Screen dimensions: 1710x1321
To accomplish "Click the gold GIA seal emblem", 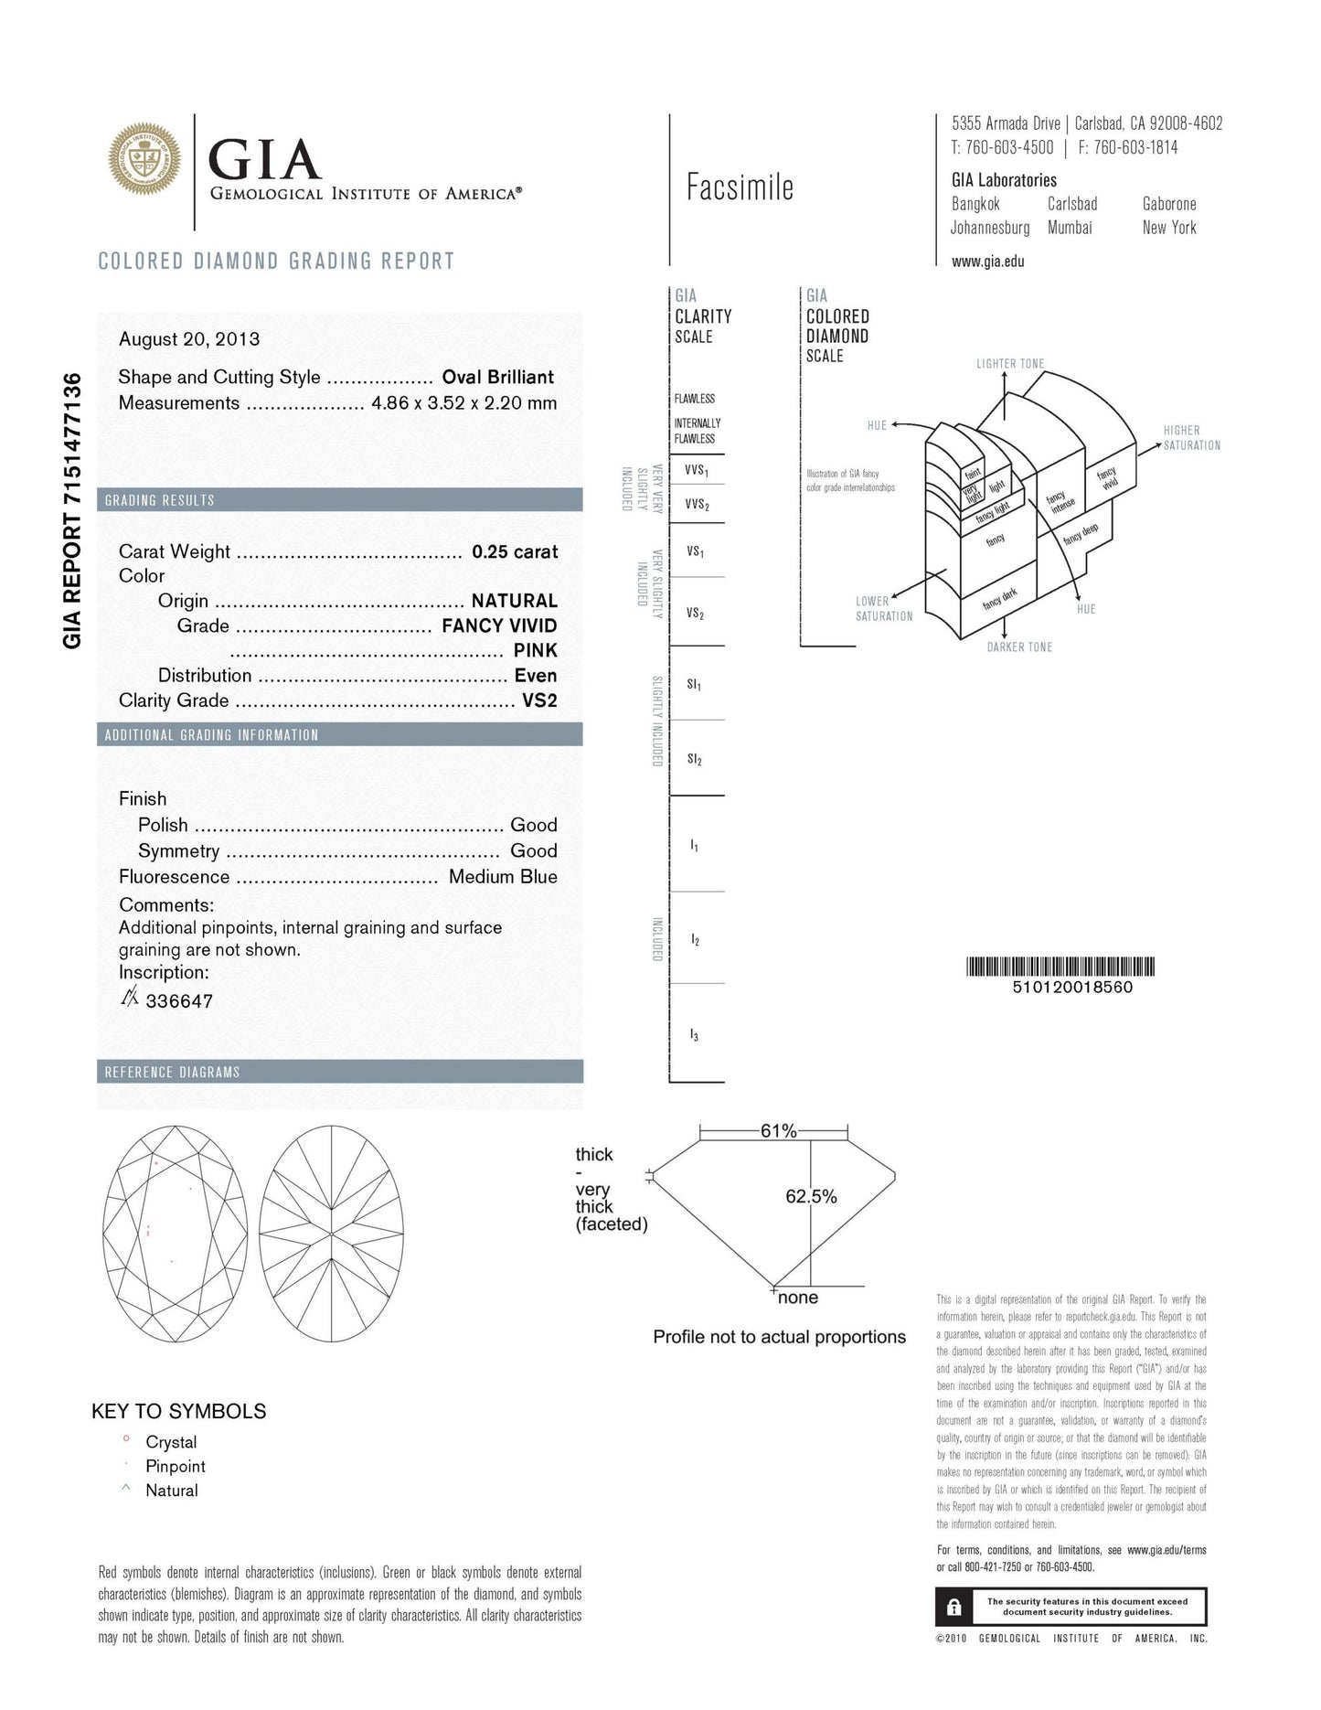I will [144, 160].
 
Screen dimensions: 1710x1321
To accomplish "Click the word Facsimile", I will [740, 188].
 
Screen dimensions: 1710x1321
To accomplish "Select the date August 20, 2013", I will [189, 339].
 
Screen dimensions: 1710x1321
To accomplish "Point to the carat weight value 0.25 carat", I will [515, 551].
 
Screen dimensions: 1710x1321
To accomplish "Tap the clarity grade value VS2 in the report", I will [539, 700].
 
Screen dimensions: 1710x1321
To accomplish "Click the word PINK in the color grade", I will [535, 650].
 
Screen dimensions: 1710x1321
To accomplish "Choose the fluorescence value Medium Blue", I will [503, 876].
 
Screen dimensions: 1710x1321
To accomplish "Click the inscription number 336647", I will [179, 1001].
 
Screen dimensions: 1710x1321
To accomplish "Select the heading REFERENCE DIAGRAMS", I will [172, 1072].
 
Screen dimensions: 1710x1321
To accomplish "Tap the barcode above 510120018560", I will [1060, 967].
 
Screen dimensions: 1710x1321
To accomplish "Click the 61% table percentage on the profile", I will [778, 1131].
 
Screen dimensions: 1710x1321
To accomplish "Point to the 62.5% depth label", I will [811, 1196].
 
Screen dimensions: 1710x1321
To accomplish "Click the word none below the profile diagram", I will [798, 1298].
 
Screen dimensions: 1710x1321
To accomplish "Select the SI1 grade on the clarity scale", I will [694, 684].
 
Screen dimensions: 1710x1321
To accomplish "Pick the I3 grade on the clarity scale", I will [694, 1035].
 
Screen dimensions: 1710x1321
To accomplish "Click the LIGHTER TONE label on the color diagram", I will [1009, 364].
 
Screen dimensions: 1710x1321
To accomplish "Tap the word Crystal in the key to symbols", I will [171, 1442].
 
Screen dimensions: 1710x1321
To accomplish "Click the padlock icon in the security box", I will [953, 1607].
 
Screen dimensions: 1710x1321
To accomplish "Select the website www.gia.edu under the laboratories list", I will [987, 262].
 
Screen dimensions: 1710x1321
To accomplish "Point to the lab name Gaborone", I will [1168, 204].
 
